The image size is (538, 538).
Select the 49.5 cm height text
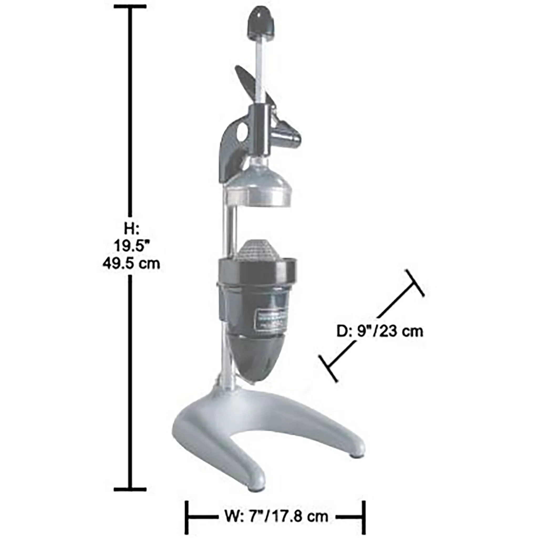tap(131, 263)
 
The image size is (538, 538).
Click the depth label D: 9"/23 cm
tap(380, 331)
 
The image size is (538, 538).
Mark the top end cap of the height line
tap(130, 6)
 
